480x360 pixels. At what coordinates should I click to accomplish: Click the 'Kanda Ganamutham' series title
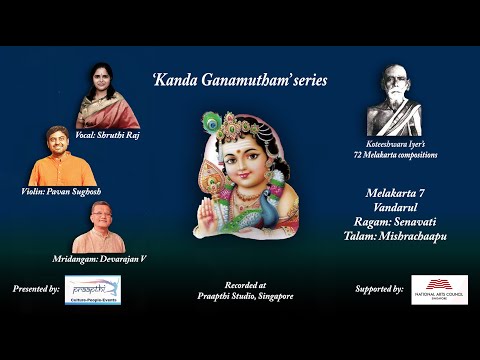[239, 79]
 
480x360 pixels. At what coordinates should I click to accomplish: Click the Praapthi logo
[92, 289]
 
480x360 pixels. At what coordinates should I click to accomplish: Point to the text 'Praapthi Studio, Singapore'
[239, 297]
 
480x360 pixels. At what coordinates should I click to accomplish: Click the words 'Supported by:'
[379, 289]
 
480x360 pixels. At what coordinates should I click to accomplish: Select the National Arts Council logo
[440, 289]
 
